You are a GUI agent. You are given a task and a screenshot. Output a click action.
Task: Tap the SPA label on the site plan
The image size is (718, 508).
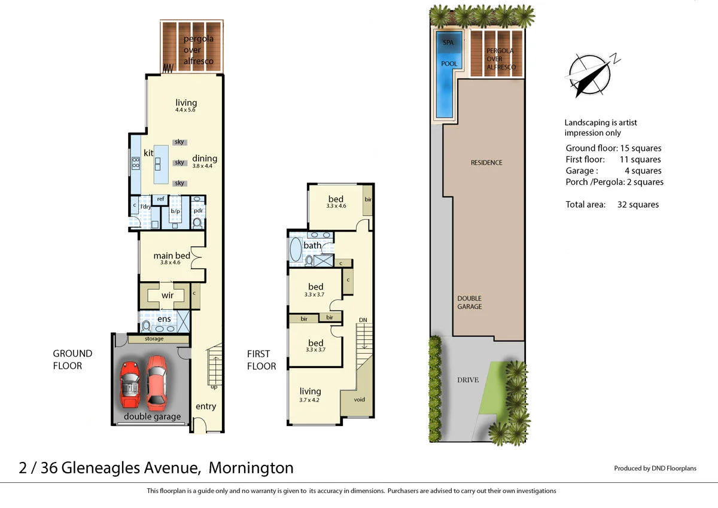click(448, 42)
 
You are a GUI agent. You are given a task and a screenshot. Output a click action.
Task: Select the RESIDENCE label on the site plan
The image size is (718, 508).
click(486, 163)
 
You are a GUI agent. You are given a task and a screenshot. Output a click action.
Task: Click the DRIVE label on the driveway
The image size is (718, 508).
click(468, 380)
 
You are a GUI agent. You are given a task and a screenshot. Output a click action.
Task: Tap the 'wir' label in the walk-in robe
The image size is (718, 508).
click(168, 296)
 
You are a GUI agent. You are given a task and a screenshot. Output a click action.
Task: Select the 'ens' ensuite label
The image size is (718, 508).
click(164, 319)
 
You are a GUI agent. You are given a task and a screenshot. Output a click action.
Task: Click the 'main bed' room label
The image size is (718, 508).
click(171, 255)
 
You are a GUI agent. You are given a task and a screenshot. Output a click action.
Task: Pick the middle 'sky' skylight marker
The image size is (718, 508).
click(179, 163)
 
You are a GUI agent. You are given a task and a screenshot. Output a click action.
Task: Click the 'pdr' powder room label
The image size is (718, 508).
click(198, 210)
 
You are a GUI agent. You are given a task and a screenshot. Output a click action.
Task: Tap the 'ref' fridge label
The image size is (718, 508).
click(160, 199)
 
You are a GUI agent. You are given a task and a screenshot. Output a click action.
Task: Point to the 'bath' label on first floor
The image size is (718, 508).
click(312, 245)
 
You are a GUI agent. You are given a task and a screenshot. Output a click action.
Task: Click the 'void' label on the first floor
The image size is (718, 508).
click(359, 400)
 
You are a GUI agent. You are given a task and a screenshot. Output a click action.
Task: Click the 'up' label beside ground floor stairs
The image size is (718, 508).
click(214, 387)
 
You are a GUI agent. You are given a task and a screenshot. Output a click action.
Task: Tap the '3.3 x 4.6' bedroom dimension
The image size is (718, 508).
click(336, 206)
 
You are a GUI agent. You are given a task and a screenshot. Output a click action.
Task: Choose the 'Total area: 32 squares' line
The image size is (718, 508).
click(612, 205)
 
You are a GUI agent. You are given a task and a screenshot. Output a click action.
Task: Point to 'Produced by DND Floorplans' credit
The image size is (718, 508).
click(655, 469)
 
